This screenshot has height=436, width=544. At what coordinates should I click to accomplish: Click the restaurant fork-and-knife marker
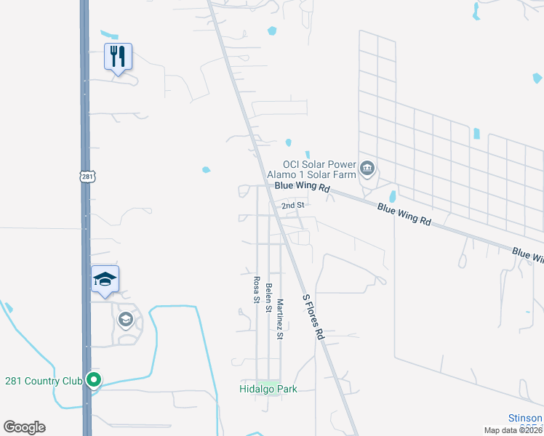click(118, 56)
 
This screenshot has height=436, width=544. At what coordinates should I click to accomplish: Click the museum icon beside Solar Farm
click(368, 169)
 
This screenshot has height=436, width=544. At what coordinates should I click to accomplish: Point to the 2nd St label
click(292, 206)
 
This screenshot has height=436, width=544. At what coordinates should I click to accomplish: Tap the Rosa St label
click(256, 288)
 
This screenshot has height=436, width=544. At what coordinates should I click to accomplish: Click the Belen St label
click(268, 297)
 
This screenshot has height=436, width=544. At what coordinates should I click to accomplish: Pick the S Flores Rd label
click(313, 318)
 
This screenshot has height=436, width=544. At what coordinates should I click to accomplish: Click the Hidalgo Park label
click(268, 389)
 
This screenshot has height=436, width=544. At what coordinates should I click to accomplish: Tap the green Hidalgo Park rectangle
click(268, 382)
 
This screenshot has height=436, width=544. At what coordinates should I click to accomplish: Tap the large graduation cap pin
click(105, 279)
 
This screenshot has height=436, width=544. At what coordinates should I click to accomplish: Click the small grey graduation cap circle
click(125, 320)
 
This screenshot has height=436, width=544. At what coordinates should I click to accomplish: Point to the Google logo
click(24, 427)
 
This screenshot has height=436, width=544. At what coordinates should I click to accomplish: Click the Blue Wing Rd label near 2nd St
click(302, 188)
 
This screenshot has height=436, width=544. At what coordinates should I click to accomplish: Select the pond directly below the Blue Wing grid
click(393, 197)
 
